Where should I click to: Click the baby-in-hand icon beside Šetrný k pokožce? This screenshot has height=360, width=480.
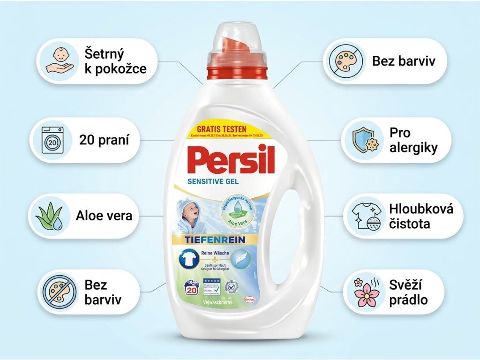(60, 61)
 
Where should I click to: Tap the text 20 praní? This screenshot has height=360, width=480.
(104, 140)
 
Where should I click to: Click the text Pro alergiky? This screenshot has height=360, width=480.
(413, 140)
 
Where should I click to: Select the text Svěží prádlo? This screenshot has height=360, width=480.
(408, 292)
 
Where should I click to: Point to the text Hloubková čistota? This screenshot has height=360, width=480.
(421, 216)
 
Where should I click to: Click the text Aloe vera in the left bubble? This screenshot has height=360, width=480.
(104, 216)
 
